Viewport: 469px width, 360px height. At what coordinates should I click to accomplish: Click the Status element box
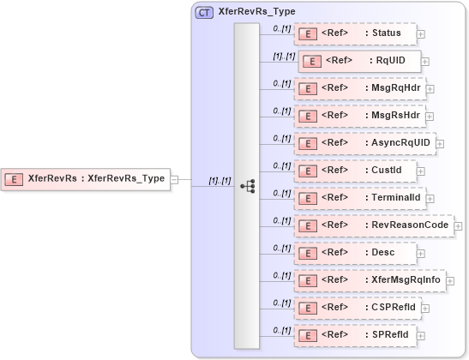[355, 33]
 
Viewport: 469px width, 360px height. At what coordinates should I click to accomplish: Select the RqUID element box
[359, 61]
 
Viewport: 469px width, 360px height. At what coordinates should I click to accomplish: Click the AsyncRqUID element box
[364, 142]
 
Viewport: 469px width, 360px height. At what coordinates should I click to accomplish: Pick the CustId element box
[355, 170]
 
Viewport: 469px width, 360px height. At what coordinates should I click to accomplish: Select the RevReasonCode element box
[373, 225]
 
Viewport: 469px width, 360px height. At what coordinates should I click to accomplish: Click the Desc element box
[355, 252]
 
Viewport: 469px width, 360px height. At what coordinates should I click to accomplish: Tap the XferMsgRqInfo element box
[369, 279]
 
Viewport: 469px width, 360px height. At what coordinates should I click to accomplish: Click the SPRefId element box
[356, 334]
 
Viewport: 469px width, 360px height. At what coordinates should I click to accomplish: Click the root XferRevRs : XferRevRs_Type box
[86, 178]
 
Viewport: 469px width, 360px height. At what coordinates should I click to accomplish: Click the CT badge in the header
[205, 12]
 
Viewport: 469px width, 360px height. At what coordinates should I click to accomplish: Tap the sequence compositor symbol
[247, 185]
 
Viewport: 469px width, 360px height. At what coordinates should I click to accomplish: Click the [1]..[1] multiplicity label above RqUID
[284, 56]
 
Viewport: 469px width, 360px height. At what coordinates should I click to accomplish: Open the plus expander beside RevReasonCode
[459, 225]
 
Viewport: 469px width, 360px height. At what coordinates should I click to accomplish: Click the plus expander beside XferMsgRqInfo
[449, 280]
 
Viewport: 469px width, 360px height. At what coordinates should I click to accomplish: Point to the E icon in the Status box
[307, 33]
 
